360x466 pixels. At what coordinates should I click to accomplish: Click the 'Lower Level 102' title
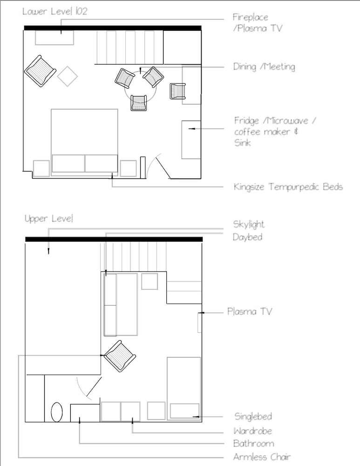pos(55,12)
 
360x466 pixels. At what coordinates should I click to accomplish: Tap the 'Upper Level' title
pos(49,219)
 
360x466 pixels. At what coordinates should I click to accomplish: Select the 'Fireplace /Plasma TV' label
pos(258,22)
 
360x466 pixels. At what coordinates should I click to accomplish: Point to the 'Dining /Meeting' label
pos(264,67)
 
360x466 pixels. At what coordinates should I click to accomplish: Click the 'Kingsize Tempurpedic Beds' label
pos(288,187)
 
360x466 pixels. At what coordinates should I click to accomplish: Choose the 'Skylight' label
pos(249,225)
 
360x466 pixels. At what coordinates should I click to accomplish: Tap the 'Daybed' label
pos(247,237)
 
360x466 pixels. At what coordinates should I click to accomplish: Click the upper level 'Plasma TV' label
pos(250,311)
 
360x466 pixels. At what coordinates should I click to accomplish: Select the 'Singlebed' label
pos(253,416)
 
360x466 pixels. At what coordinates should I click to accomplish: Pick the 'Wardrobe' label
pos(252,431)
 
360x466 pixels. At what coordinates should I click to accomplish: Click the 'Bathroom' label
pos(253,444)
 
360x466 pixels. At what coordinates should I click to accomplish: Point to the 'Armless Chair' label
pos(262,457)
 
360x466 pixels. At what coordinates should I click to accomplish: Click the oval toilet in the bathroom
pos(57,412)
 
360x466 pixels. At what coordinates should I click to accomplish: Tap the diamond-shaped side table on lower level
pos(68,76)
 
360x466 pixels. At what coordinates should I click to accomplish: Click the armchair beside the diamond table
pos(40,71)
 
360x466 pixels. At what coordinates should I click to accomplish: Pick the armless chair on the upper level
pos(120,356)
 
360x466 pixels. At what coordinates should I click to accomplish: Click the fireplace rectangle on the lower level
pos(54,38)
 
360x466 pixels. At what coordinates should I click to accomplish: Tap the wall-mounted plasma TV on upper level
pos(200,322)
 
